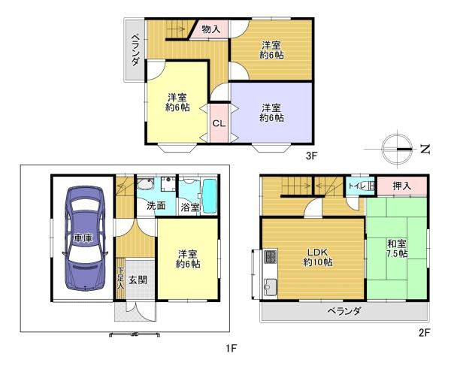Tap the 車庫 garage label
tap(83, 239)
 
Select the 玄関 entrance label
tap(137, 280)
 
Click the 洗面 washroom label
tap(156, 205)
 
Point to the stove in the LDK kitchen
tap(270, 261)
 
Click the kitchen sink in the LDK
tap(270, 286)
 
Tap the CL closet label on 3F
tap(218, 123)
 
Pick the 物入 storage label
tap(211, 29)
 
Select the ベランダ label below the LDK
tap(344, 311)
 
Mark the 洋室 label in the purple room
tap(271, 112)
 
